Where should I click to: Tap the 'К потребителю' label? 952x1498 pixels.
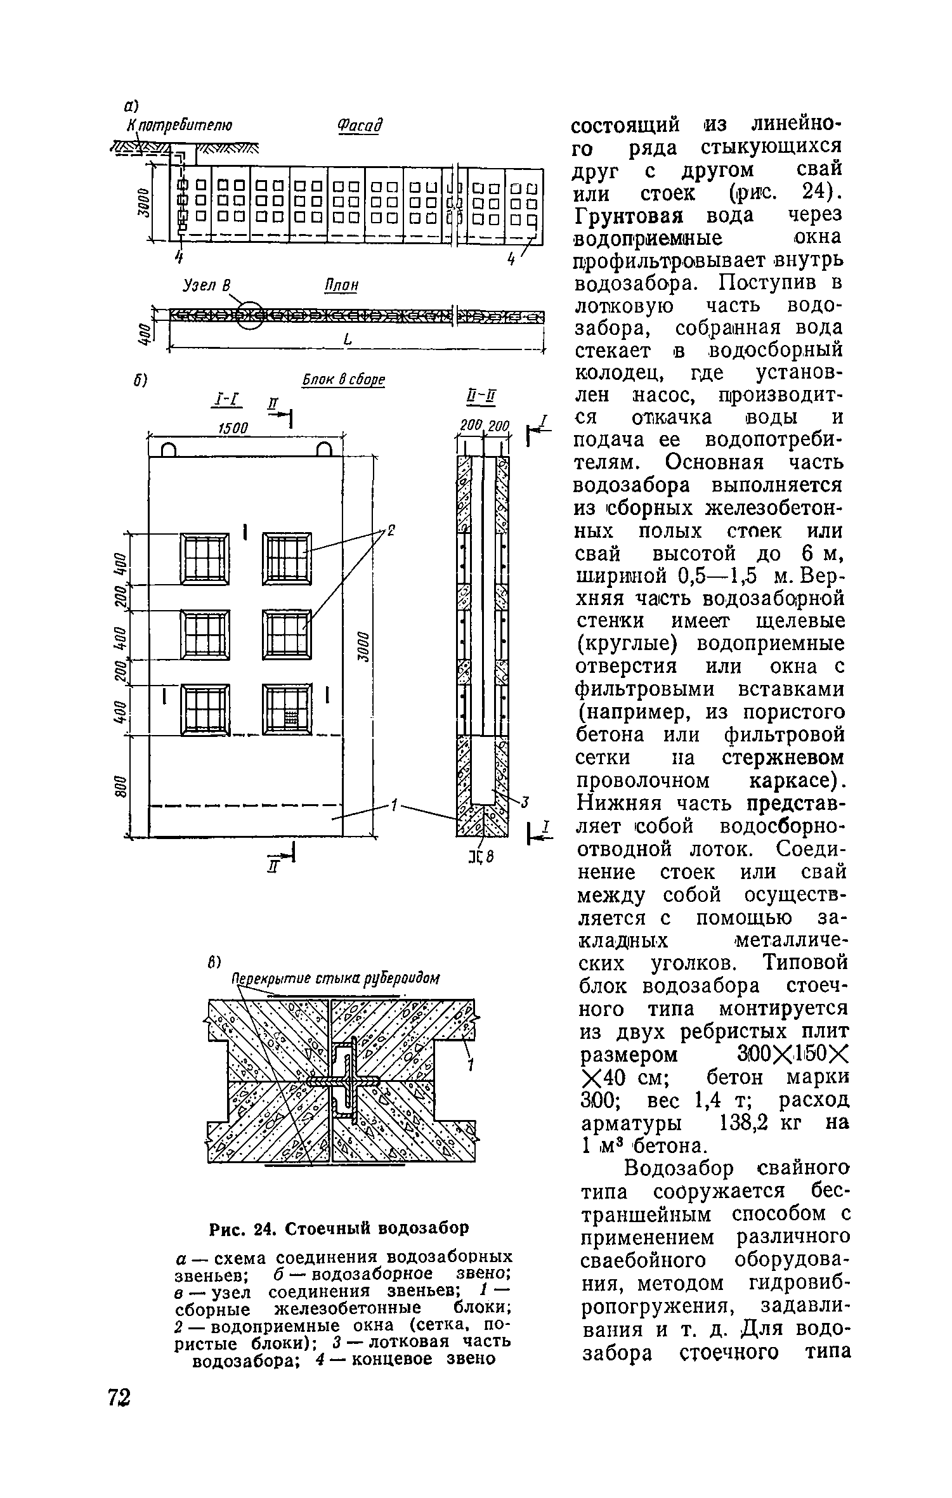coord(180,125)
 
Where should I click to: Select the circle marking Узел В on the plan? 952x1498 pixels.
coord(250,315)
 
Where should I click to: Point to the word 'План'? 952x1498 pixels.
coord(341,286)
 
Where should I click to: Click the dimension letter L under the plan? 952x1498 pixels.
coord(347,341)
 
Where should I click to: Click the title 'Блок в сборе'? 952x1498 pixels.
coord(343,380)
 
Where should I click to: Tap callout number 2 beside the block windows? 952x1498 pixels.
coord(391,531)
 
